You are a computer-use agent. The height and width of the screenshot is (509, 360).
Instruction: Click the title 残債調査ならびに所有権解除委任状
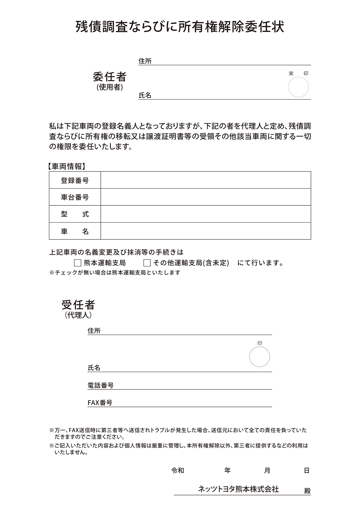coord(180,27)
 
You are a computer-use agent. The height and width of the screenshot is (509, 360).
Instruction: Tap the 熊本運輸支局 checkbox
coord(78,263)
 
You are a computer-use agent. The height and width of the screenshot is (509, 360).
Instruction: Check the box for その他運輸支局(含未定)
coord(147,263)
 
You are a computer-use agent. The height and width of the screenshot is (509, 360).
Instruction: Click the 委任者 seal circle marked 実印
coord(298,87)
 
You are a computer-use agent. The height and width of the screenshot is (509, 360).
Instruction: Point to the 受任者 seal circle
coord(259,357)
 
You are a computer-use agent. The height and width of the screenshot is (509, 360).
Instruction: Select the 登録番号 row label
coord(75,181)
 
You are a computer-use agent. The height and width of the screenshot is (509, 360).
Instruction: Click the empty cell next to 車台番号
coord(206,197)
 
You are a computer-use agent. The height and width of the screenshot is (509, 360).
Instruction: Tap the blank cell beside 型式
coord(206,214)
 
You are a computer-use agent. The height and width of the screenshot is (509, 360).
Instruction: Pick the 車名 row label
coord(75,231)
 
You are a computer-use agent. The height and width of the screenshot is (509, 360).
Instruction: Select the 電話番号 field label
coord(100,385)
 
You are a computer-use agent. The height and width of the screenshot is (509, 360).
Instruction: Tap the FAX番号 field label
coord(100,403)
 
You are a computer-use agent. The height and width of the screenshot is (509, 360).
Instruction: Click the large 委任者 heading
coord(109,77)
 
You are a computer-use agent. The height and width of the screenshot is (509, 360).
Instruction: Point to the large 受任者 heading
coord(78,305)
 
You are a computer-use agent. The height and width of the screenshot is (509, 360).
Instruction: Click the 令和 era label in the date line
coord(178,470)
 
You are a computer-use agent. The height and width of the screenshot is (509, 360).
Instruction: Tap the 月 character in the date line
coord(267,470)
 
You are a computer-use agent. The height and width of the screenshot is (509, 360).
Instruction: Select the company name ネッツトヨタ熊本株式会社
coord(238,489)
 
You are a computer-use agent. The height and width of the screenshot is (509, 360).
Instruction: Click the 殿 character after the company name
coord(307,491)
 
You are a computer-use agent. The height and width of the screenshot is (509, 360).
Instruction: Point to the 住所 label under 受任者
coord(94,331)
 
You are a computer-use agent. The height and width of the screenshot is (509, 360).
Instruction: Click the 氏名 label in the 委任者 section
coord(145,95)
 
